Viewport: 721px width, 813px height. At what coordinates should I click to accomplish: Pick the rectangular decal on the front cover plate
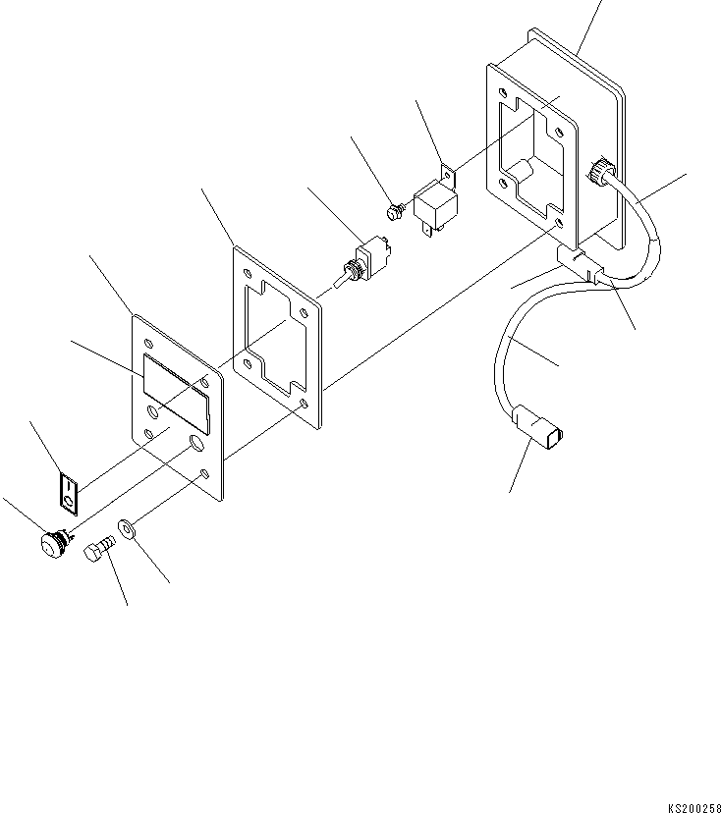tap(178, 391)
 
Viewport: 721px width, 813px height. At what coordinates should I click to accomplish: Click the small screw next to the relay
tap(393, 210)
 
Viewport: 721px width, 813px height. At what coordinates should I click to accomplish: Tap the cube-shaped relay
tap(433, 207)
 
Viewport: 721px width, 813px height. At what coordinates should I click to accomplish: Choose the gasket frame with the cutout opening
tap(277, 334)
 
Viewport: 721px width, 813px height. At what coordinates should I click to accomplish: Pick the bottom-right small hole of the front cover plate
tap(203, 475)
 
